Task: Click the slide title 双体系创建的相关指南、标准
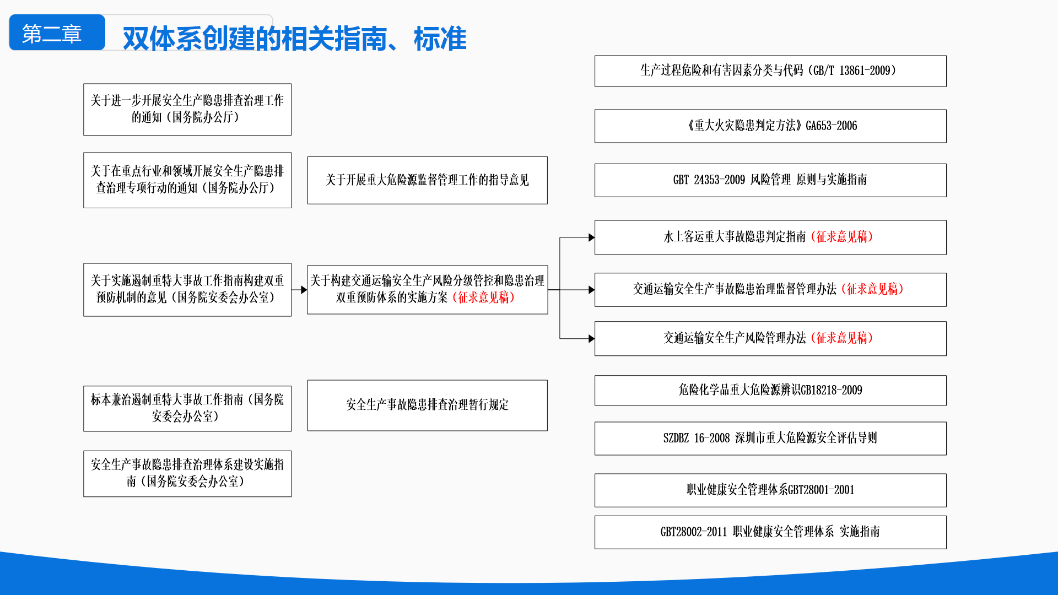294,39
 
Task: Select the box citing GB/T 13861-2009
770,71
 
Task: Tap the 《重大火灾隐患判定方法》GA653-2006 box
770,126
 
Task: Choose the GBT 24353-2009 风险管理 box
770,180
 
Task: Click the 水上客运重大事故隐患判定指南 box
770,237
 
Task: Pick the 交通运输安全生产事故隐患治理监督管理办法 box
770,290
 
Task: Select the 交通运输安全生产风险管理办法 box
770,338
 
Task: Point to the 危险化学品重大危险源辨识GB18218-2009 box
770,391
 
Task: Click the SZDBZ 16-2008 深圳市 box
770,439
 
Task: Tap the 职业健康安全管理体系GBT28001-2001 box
770,490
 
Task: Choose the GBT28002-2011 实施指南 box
770,532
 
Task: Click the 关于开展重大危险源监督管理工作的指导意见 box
427,180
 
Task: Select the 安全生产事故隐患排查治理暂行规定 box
427,405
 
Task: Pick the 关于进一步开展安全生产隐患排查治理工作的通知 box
187,110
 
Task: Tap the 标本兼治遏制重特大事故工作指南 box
187,409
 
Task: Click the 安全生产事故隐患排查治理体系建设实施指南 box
187,474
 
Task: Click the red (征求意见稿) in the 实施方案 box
483,298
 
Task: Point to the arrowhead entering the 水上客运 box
591,237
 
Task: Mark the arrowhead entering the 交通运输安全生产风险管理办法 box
591,338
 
